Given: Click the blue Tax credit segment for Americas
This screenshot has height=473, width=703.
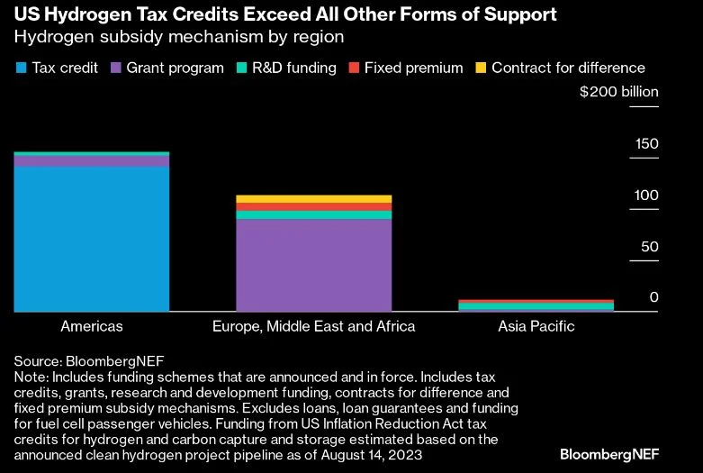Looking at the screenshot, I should [x=92, y=239].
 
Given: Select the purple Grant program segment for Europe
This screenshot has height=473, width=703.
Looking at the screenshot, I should [x=313, y=265].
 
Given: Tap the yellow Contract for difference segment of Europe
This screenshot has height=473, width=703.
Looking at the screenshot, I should [x=313, y=199].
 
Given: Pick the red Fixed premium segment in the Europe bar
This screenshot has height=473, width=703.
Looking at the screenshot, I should [x=313, y=207].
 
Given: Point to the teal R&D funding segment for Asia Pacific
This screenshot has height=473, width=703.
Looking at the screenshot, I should [x=536, y=307].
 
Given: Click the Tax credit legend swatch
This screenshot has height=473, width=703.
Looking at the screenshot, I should [x=21, y=68].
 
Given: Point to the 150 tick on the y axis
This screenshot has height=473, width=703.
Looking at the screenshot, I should [x=647, y=144].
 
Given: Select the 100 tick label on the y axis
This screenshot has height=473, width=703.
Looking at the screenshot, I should [x=647, y=196].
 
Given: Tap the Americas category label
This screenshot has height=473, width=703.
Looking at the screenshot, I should [x=92, y=326].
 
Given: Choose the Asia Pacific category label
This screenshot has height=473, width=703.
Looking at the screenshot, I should [x=536, y=326].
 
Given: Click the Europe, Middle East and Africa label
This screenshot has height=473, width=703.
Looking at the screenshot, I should [x=313, y=326].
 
